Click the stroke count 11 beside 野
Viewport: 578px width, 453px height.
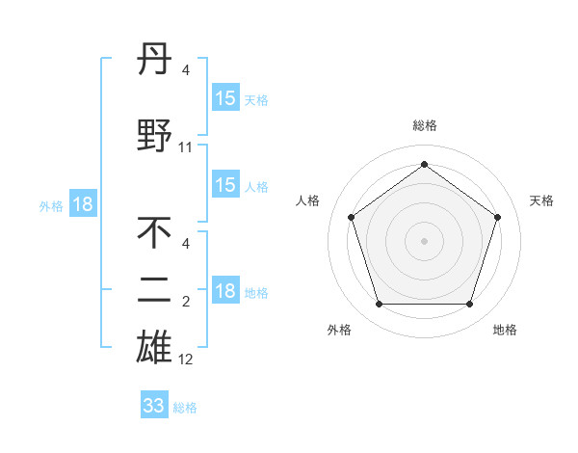(x=186, y=147)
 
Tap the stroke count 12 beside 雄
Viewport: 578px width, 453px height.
(x=186, y=360)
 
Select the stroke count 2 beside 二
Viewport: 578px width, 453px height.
(x=186, y=302)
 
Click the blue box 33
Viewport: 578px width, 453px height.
(x=154, y=406)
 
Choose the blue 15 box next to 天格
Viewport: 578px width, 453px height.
(x=225, y=98)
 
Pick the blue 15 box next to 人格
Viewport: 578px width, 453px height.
(x=225, y=185)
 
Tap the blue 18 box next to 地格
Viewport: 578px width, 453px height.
(x=225, y=291)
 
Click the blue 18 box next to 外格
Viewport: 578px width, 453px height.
(x=82, y=204)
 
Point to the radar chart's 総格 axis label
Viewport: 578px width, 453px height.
(x=424, y=125)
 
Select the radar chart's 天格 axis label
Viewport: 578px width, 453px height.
(x=541, y=200)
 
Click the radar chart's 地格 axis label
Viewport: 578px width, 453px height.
(x=505, y=330)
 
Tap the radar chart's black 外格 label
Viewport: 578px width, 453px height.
(x=339, y=330)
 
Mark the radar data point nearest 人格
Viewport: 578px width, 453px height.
(x=351, y=217)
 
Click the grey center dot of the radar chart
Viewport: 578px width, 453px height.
(x=424, y=240)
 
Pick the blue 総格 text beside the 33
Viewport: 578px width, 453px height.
(x=185, y=408)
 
